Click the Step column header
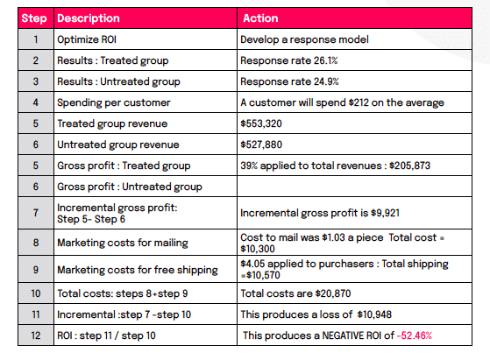tap(34, 18)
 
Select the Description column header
tap(89, 18)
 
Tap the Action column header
tap(260, 18)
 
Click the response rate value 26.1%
tap(325, 60)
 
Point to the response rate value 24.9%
tap(326, 81)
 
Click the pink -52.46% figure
tap(415, 335)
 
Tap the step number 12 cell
tap(36, 335)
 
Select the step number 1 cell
tap(36, 39)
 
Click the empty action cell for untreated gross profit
tap(354, 187)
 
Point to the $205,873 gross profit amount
tap(409, 166)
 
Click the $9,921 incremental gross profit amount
tap(385, 213)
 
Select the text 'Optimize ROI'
tap(87, 39)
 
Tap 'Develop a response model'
tap(304, 39)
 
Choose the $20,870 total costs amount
tap(333, 293)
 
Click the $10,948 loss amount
tap(374, 314)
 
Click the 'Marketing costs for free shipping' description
tap(138, 270)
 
